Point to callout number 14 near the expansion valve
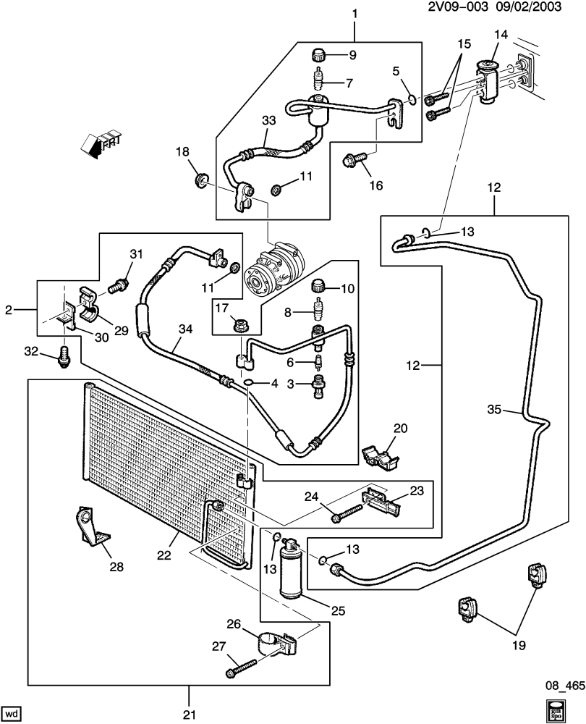coord(501,35)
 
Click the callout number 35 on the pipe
coord(494,411)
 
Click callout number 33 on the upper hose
coord(268,122)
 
